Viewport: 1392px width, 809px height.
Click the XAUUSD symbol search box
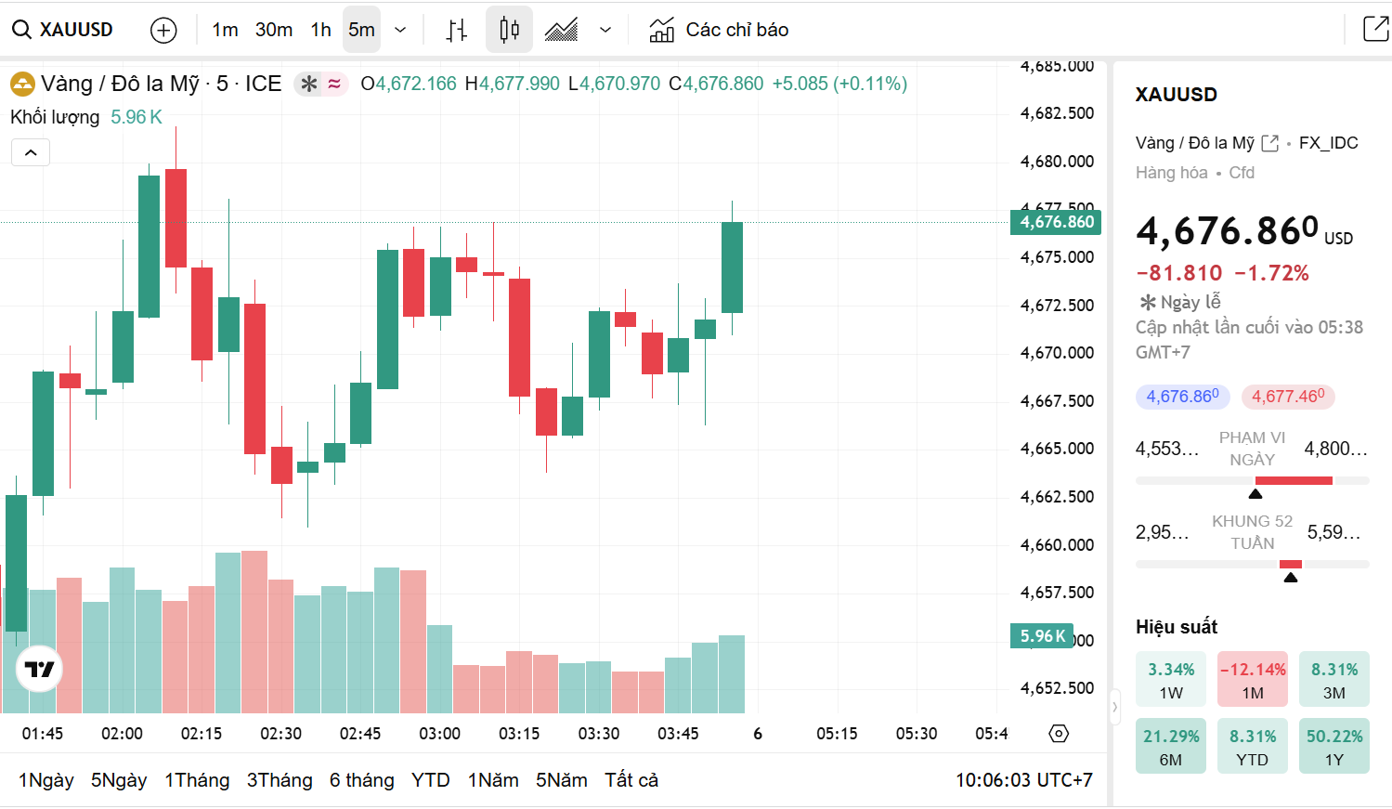63,30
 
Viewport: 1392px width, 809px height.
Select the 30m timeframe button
274,30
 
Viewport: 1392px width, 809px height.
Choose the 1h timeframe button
321,30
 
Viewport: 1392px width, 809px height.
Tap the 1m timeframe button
225,30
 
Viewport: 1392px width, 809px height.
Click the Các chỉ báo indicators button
719,30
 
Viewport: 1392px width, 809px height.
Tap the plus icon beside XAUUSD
163,31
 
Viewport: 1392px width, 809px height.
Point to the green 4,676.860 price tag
1056,222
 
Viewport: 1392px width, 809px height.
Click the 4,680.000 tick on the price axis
1057,162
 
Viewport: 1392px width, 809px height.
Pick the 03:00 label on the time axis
439,734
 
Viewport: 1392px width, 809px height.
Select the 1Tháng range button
197,780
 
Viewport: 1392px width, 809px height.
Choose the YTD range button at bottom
430,780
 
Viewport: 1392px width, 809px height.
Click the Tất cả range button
631,780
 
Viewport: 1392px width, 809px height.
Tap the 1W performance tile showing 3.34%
1171,680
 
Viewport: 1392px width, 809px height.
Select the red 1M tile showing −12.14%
1253,680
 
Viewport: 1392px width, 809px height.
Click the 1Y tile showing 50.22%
1334,746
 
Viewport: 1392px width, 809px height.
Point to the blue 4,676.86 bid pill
1182,397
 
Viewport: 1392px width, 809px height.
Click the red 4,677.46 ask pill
1288,397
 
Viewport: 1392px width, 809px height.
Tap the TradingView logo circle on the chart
40,669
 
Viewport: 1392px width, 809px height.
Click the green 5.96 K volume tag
1042,636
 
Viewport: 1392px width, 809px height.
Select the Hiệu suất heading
1177,627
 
